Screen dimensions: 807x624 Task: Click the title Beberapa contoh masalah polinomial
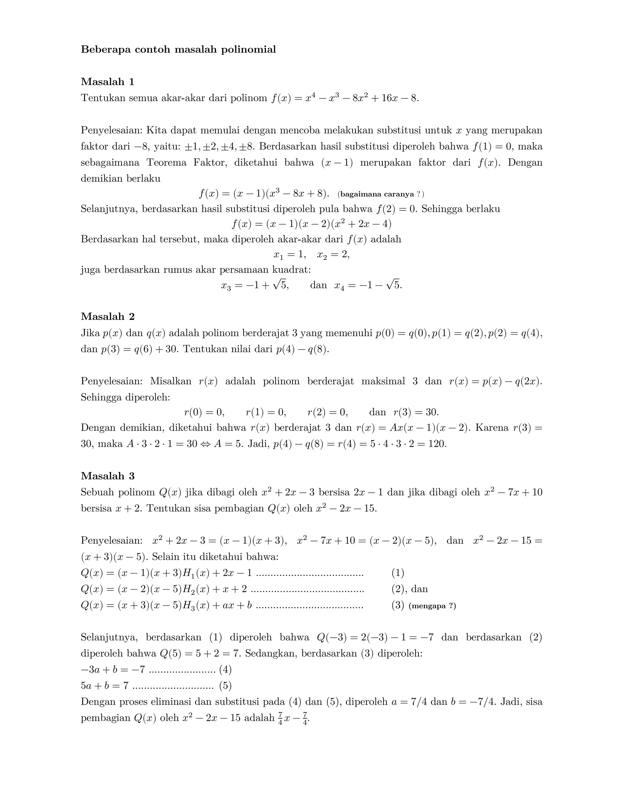click(x=178, y=50)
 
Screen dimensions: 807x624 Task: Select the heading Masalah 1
click(x=108, y=82)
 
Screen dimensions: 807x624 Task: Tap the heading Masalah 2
click(x=108, y=317)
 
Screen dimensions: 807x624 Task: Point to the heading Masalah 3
click(x=108, y=476)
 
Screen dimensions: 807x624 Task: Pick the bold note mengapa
click(x=428, y=606)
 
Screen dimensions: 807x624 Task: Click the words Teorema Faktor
click(x=187, y=163)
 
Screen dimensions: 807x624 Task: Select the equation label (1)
click(x=398, y=573)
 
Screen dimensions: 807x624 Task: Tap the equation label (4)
click(x=225, y=670)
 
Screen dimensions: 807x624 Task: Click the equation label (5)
click(x=225, y=686)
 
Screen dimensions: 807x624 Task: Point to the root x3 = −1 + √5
click(x=255, y=285)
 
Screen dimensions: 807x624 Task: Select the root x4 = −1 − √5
click(x=368, y=285)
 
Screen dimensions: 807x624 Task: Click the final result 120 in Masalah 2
click(x=437, y=444)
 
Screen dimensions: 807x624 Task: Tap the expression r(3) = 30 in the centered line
click(x=416, y=412)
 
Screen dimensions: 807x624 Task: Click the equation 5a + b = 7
click(x=105, y=686)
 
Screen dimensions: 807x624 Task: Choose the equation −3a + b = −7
click(x=113, y=670)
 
